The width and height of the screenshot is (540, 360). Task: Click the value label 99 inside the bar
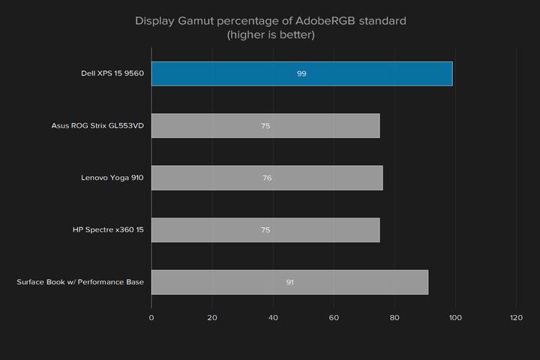301,73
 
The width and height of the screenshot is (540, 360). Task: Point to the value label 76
267,178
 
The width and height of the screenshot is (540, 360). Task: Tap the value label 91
289,282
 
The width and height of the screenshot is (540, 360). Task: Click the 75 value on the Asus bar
265,126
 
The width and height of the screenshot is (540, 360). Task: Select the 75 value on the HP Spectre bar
265,230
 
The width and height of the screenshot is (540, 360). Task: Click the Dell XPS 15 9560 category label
112,73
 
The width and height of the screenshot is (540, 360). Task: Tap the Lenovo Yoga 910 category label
112,178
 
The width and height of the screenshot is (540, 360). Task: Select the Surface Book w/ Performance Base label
80,282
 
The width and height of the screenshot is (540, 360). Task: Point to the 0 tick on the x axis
151,318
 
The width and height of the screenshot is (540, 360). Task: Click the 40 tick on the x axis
273,318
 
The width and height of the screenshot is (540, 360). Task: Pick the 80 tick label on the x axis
394,318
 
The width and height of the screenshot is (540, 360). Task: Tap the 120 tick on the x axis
515,318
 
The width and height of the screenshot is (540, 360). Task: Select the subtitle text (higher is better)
270,34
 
